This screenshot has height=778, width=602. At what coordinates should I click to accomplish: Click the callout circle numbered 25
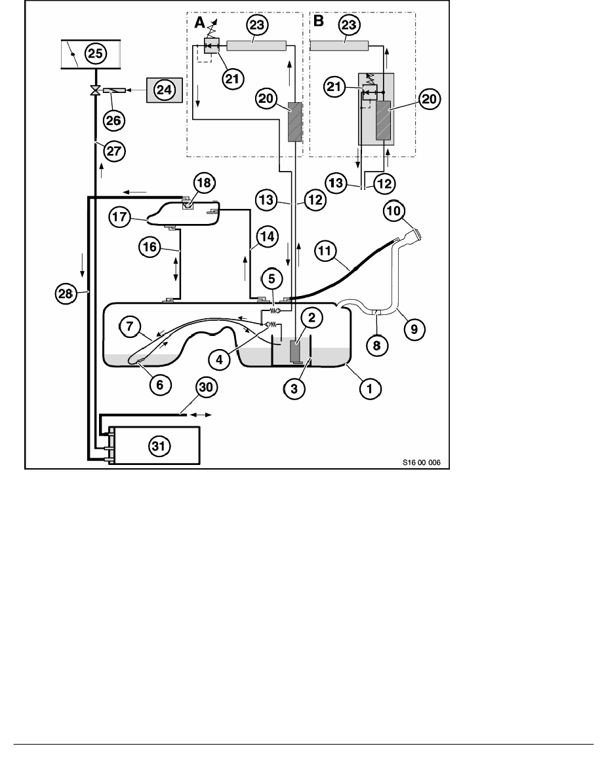point(96,53)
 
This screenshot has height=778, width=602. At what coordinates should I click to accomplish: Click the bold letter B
point(319,22)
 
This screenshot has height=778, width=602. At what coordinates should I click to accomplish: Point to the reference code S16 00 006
point(421,462)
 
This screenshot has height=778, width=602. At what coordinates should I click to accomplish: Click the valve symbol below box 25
point(96,90)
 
